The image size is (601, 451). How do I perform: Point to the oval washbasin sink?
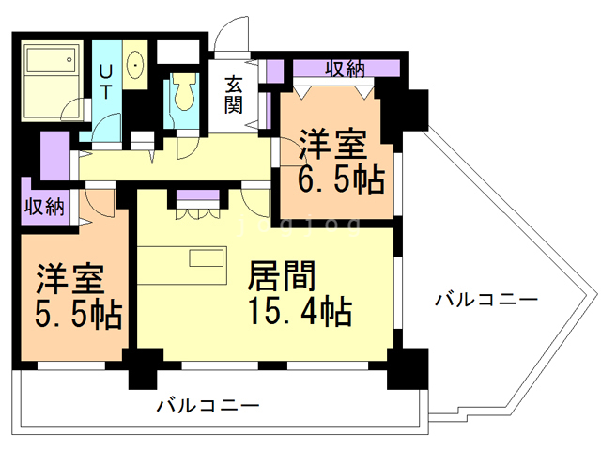point(135,65)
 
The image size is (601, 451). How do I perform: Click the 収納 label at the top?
point(346,69)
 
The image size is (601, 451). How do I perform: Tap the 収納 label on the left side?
point(44,207)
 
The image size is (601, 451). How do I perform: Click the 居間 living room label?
point(282,275)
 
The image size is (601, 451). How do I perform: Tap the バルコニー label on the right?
point(485,301)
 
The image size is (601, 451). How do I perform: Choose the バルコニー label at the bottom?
point(208,406)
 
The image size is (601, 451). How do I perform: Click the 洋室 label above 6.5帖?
point(331,146)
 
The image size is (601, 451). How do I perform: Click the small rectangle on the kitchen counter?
point(207,258)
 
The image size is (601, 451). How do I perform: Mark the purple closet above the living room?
point(199,198)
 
